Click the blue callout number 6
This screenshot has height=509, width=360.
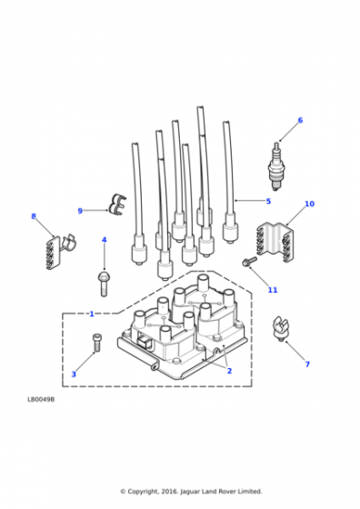(300, 120)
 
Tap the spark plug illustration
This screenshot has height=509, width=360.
(276, 166)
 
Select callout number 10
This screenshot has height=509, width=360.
(309, 204)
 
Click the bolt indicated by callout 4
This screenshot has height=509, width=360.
(104, 284)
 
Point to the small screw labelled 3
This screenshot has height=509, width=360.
(96, 343)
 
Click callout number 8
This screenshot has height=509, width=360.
(34, 216)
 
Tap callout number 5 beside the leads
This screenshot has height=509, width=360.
(268, 201)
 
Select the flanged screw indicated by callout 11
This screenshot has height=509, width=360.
(249, 262)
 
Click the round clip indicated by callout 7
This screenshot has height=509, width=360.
(280, 328)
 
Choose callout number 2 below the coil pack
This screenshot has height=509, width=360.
(229, 371)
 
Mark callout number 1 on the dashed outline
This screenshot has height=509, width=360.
(92, 314)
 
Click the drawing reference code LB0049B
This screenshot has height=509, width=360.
(41, 400)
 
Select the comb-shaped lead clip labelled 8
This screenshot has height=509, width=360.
(59, 251)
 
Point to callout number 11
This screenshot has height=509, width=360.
(273, 290)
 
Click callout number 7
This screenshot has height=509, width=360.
(307, 364)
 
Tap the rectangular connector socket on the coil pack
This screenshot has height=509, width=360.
(144, 343)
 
